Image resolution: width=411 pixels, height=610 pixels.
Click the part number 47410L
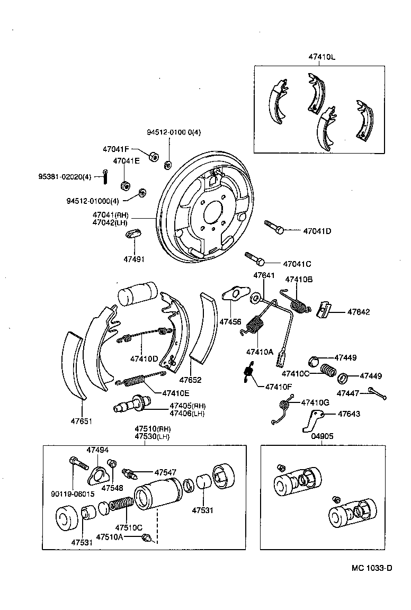322,57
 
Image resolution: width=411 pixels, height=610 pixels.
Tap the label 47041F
116,150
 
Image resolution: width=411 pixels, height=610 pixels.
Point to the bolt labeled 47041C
254,258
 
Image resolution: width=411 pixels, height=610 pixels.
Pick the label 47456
230,322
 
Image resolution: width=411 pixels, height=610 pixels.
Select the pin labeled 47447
377,393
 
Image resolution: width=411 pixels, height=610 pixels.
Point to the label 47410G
315,403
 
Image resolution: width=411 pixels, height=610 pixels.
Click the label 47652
190,380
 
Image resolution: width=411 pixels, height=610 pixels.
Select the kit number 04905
323,437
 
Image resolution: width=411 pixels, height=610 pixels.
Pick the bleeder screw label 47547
165,472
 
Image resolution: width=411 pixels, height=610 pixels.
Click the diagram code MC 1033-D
372,568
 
